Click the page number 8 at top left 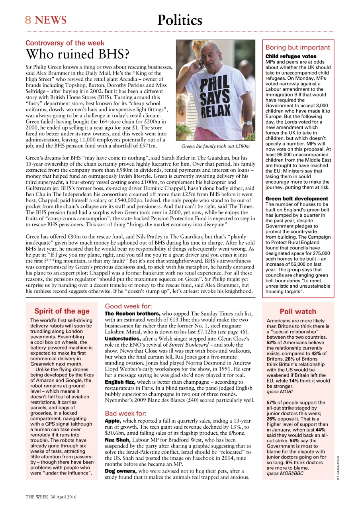(x=28, y=20)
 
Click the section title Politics (x=180, y=20)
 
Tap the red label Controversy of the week (x=65, y=43)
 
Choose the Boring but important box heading (x=298, y=47)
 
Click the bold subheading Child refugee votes (x=291, y=57)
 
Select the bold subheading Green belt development (x=297, y=198)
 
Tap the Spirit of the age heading (x=62, y=311)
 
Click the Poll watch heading (x=298, y=312)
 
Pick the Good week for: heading (x=128, y=306)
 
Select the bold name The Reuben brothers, (x=132, y=314)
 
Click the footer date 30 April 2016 (x=63, y=497)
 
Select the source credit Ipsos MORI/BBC (x=282, y=473)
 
